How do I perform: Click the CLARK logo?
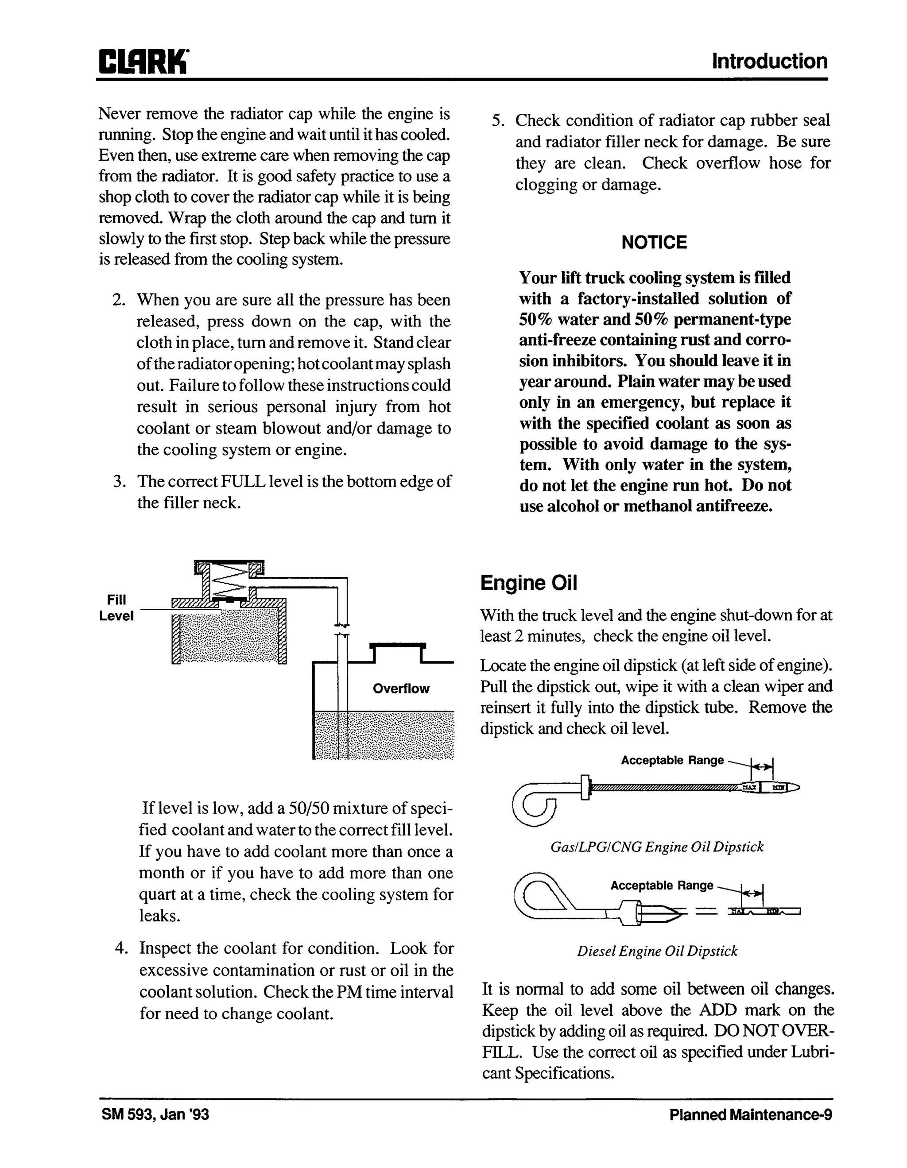(143, 62)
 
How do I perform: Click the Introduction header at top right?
(769, 62)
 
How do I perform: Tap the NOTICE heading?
(654, 242)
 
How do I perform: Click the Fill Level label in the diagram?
(116, 608)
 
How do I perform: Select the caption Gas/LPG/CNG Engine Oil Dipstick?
(657, 847)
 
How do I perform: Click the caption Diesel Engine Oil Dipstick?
(657, 951)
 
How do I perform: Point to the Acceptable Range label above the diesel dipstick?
(662, 885)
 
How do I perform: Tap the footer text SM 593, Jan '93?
(155, 1114)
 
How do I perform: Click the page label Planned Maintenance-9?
(750, 1114)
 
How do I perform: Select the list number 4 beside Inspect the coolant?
(121, 948)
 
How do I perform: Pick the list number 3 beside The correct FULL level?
(119, 481)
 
